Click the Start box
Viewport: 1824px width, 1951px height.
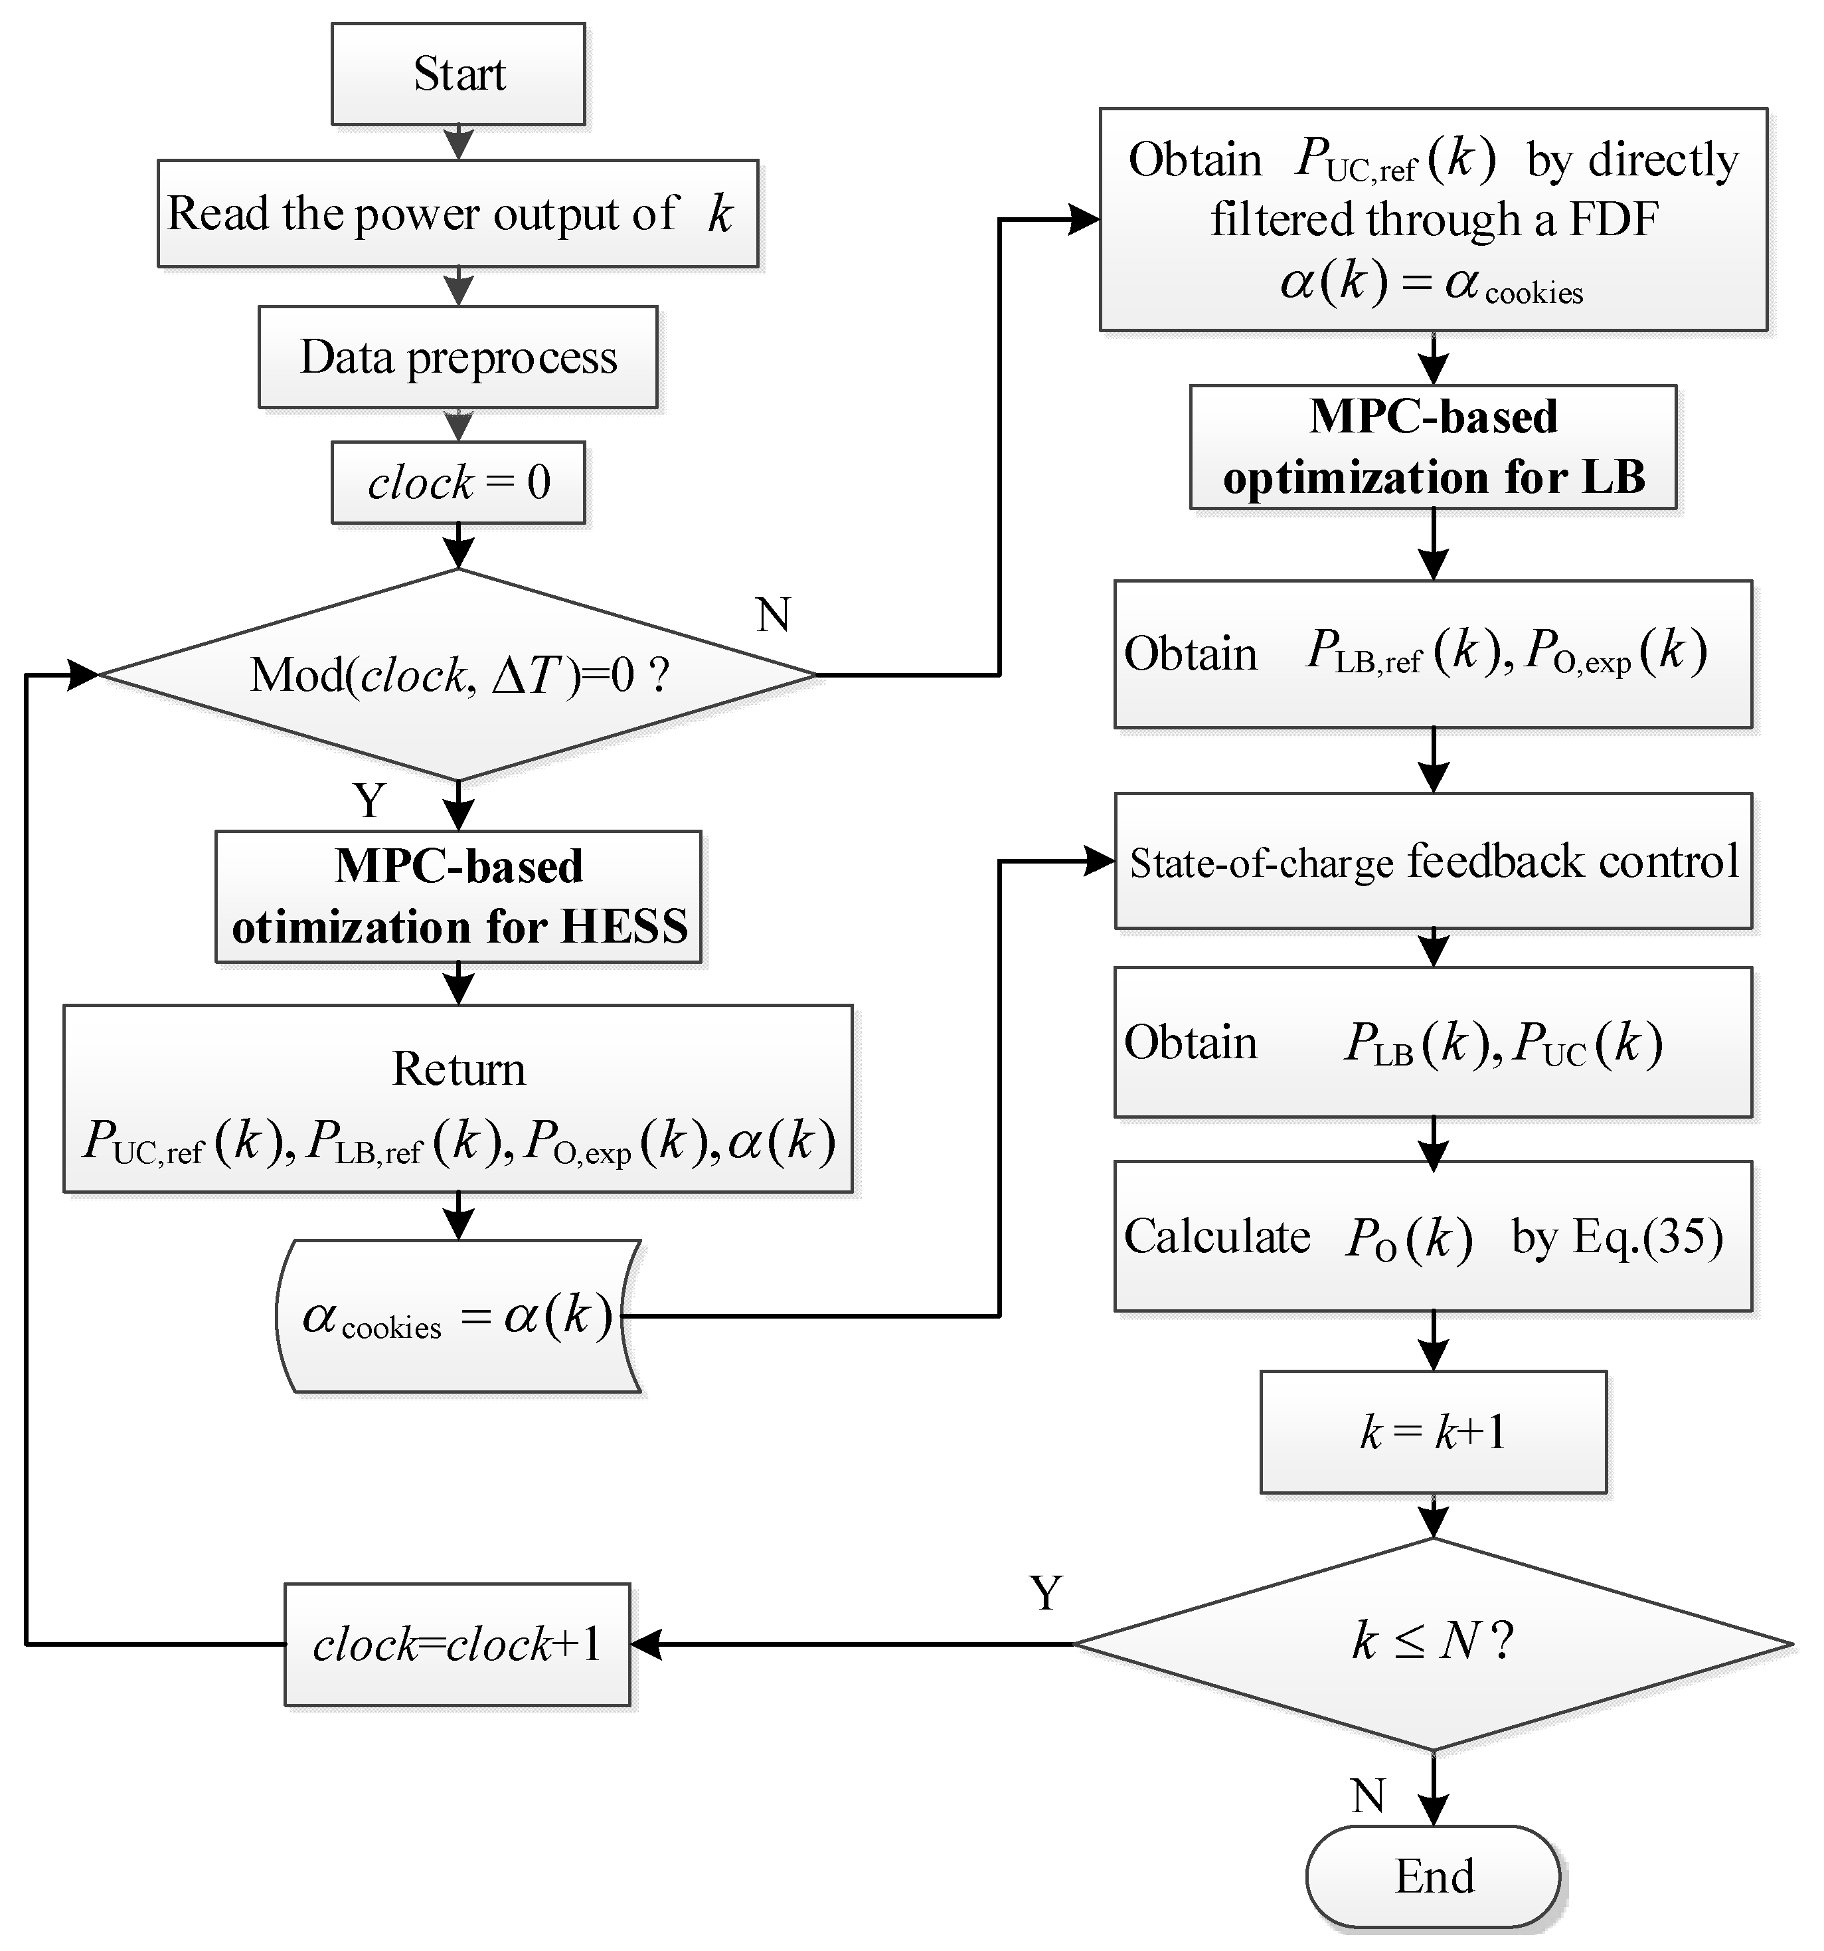[458, 74]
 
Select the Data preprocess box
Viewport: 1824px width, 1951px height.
[458, 357]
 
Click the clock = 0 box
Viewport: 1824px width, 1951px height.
[458, 482]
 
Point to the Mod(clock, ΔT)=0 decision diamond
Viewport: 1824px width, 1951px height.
[458, 675]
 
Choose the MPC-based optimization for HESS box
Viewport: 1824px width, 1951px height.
[458, 897]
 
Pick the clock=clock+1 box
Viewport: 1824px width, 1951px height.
[457, 1645]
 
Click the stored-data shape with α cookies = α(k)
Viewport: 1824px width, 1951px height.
[458, 1316]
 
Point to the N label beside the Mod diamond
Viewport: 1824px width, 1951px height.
[773, 615]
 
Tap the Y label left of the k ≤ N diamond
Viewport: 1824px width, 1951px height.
[1046, 1594]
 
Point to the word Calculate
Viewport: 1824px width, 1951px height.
[1216, 1236]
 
